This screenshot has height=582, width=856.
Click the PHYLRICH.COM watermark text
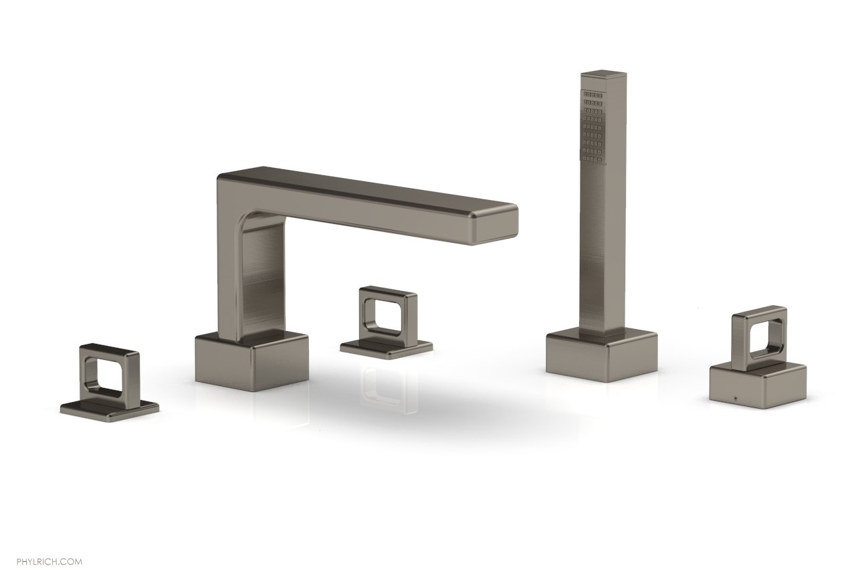(49, 562)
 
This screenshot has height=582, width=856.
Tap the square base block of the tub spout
(252, 362)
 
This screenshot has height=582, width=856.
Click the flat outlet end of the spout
(496, 225)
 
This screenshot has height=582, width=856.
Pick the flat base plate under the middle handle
(386, 347)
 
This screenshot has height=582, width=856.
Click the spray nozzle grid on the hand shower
(592, 127)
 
